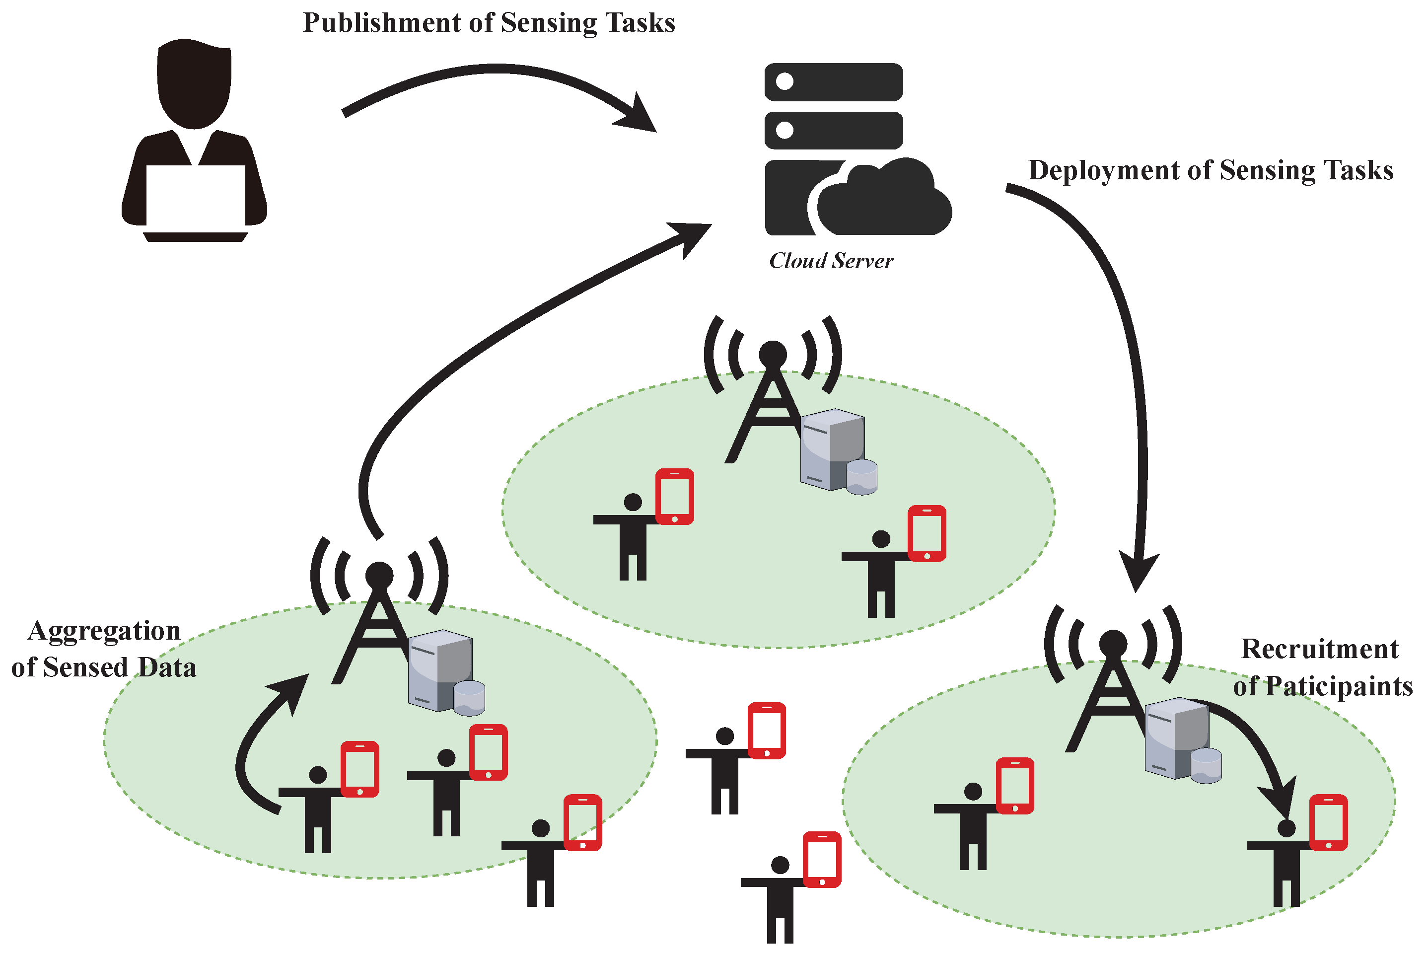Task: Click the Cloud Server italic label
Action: pos(831,261)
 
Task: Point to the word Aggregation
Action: pos(104,632)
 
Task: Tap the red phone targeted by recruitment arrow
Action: pos(1328,822)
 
